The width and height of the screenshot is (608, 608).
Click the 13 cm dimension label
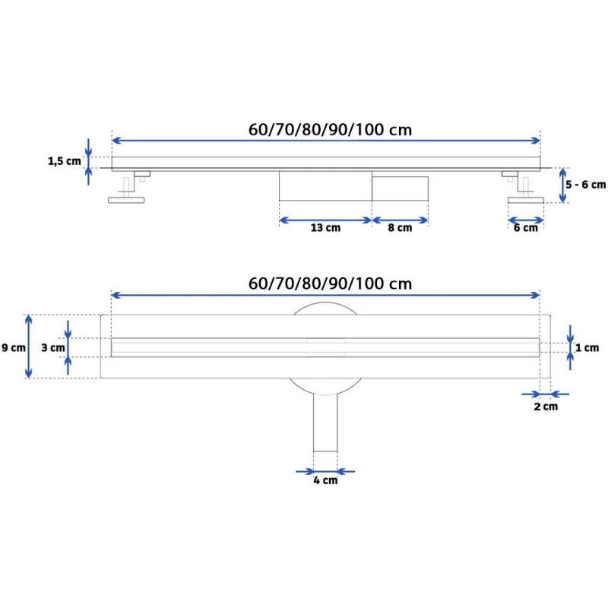[x=325, y=228]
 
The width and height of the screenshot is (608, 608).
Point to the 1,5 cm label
[x=64, y=160]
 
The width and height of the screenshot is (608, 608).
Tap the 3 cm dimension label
[x=52, y=347]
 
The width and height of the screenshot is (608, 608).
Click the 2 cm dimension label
[x=545, y=407]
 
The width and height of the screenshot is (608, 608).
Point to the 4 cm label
[x=325, y=480]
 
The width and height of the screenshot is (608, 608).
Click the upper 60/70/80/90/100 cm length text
[x=331, y=129]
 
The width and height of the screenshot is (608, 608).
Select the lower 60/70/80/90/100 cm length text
[x=331, y=283]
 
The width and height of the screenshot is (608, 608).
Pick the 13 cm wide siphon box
[x=325, y=185]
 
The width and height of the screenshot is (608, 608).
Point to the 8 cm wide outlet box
[x=399, y=187]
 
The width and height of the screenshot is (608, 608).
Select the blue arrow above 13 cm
[x=325, y=220]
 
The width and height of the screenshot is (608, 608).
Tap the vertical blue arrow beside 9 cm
[x=29, y=347]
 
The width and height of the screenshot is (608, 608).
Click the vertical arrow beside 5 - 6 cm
[x=563, y=185]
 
